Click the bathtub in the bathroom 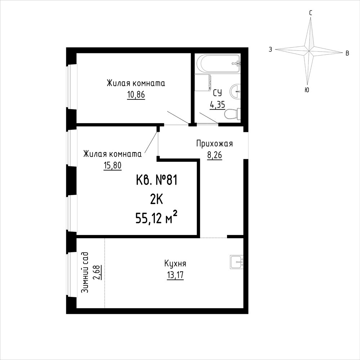click(218, 63)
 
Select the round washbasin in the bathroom click(235, 92)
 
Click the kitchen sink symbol click(237, 262)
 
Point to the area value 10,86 click(136, 94)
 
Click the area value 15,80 click(112, 165)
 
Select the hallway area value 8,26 click(215, 155)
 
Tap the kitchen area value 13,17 click(175, 275)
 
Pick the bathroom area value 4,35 click(217, 105)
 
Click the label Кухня click(175, 263)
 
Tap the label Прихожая click(214, 144)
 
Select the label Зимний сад click(85, 272)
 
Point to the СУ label click(217, 93)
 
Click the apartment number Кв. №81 click(157, 181)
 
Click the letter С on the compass click(310, 13)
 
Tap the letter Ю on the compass click(307, 90)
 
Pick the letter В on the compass click(347, 53)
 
